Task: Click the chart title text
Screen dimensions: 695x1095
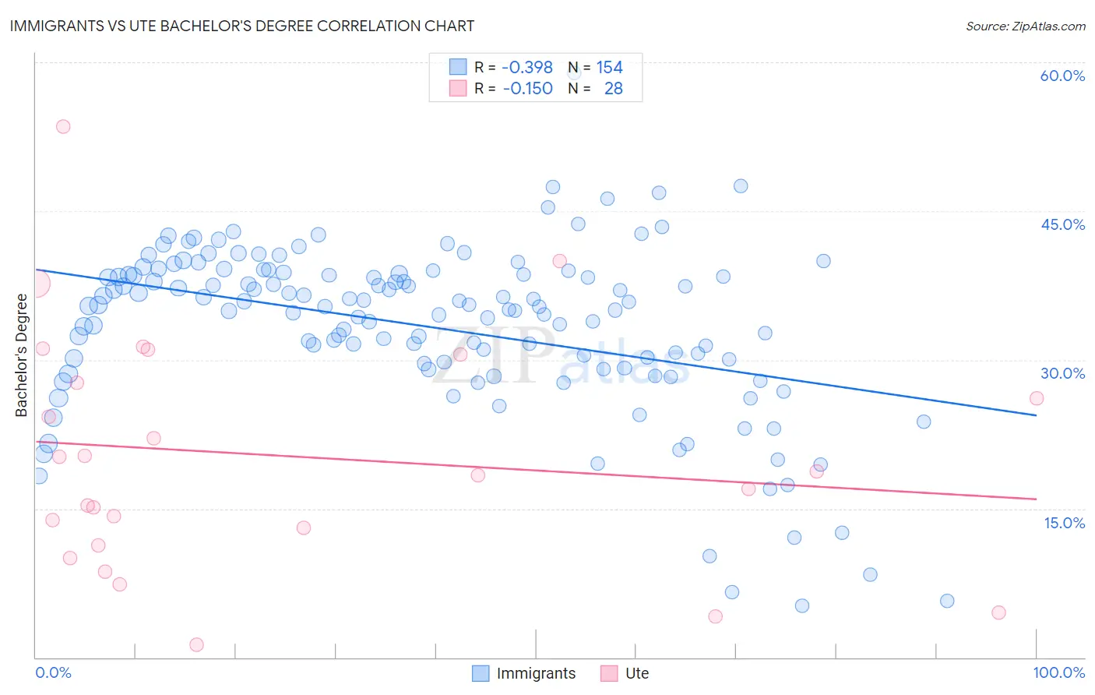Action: pyautogui.click(x=241, y=26)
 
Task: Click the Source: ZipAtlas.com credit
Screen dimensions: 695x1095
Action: pyautogui.click(x=1025, y=26)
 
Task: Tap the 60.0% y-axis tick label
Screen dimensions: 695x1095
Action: pyautogui.click(x=1062, y=76)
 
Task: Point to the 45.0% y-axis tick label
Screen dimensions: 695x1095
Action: pyautogui.click(x=1062, y=224)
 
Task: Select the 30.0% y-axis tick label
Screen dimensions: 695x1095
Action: pyautogui.click(x=1062, y=373)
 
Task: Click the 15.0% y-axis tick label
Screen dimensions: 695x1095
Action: pyautogui.click(x=1064, y=523)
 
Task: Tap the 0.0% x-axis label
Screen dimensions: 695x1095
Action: pyautogui.click(x=53, y=672)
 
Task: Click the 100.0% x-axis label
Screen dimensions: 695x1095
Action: pyautogui.click(x=1058, y=672)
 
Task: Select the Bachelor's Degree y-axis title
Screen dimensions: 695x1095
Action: pyautogui.click(x=22, y=355)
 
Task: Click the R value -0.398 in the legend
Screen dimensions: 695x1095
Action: pyautogui.click(x=527, y=68)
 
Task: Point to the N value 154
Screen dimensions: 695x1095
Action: pyautogui.click(x=609, y=68)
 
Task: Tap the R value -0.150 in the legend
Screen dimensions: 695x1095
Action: pyautogui.click(x=527, y=89)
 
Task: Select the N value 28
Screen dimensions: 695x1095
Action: pyautogui.click(x=613, y=89)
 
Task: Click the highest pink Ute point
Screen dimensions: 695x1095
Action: pyautogui.click(x=63, y=126)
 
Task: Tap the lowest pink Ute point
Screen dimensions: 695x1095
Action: pyautogui.click(x=196, y=644)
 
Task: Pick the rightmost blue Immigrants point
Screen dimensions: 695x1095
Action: pyautogui.click(x=947, y=601)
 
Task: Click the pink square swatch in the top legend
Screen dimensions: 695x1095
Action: pyautogui.click(x=458, y=88)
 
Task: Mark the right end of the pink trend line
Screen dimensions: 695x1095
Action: pyautogui.click(x=1036, y=499)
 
